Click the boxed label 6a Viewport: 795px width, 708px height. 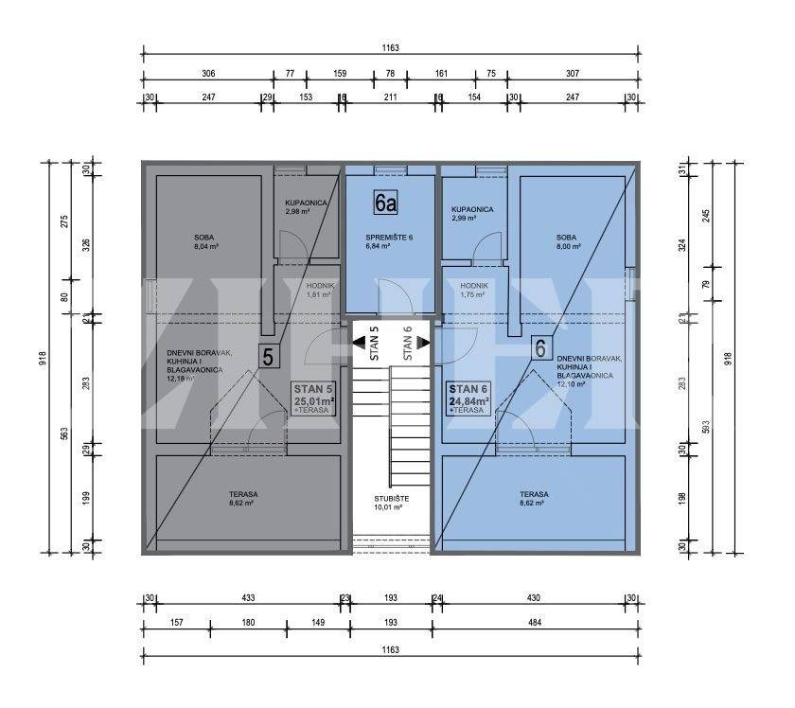(386, 202)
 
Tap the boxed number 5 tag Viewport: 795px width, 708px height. (269, 357)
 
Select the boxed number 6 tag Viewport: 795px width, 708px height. (540, 348)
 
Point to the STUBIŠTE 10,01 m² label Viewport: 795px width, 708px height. (388, 502)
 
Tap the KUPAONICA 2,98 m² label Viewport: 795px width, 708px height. (307, 207)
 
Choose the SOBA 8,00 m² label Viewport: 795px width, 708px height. (566, 242)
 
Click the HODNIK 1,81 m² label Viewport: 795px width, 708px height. (318, 290)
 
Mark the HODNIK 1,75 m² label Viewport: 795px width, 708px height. (472, 290)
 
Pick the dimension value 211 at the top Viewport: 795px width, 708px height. (390, 97)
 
